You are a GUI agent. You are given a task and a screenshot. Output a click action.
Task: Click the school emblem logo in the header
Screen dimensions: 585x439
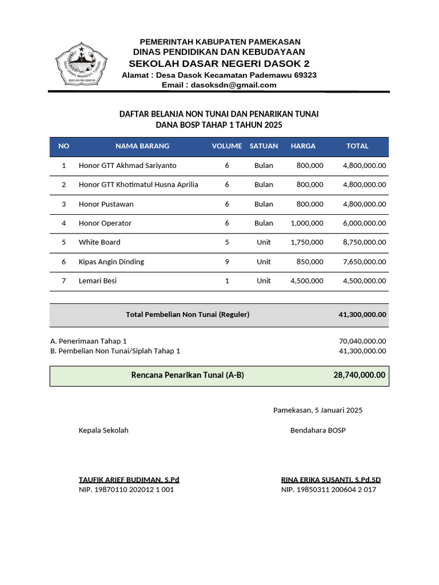(x=81, y=64)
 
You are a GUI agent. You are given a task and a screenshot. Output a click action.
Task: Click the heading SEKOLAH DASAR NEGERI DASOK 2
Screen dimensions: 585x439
(x=219, y=63)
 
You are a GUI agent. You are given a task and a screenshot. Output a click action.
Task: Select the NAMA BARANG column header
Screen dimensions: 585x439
(x=142, y=146)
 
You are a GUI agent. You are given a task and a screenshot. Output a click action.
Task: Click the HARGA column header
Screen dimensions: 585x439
(x=303, y=146)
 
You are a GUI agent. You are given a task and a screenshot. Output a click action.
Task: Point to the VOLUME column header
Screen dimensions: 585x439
(x=227, y=146)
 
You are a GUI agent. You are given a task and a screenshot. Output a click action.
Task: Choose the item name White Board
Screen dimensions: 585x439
(x=99, y=242)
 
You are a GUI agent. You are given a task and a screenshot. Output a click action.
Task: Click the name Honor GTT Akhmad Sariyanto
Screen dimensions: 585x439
(x=127, y=166)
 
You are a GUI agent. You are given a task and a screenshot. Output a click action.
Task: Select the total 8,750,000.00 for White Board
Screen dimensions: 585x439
(x=364, y=242)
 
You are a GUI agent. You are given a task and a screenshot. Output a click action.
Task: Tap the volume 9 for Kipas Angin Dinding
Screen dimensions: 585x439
(x=227, y=262)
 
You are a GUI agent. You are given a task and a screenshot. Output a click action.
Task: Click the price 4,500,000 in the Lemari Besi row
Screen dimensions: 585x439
(x=307, y=281)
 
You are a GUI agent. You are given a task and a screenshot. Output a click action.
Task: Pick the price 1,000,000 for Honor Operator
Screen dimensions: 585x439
(x=307, y=223)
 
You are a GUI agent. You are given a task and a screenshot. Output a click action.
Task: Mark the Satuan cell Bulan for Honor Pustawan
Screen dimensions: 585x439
(x=264, y=204)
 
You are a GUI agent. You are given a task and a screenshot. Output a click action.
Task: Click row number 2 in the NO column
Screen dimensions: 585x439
(x=64, y=185)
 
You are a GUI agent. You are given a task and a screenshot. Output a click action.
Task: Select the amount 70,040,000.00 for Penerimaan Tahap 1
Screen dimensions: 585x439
(x=362, y=341)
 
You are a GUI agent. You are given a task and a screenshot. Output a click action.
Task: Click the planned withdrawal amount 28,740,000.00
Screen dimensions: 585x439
(x=360, y=375)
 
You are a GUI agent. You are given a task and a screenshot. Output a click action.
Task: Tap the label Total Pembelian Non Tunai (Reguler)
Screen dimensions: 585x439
(x=187, y=315)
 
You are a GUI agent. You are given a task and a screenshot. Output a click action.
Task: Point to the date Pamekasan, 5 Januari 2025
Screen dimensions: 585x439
(x=318, y=410)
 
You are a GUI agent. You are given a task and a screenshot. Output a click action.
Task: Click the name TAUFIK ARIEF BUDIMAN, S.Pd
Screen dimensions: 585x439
(x=129, y=480)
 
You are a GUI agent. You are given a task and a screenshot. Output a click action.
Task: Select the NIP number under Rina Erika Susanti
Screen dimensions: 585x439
(x=329, y=490)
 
